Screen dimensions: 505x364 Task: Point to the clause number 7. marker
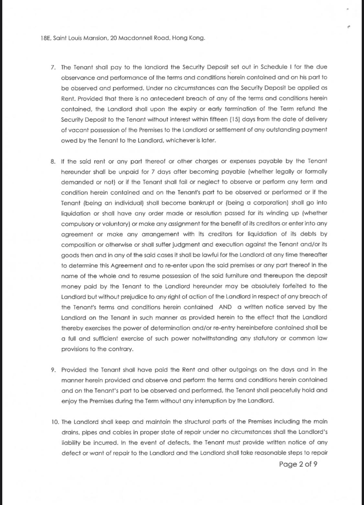(53, 67)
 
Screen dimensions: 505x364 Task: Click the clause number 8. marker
(53, 161)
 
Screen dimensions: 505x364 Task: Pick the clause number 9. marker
(53, 370)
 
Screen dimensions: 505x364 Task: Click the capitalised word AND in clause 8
(225, 307)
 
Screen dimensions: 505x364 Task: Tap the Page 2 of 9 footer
(298, 464)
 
